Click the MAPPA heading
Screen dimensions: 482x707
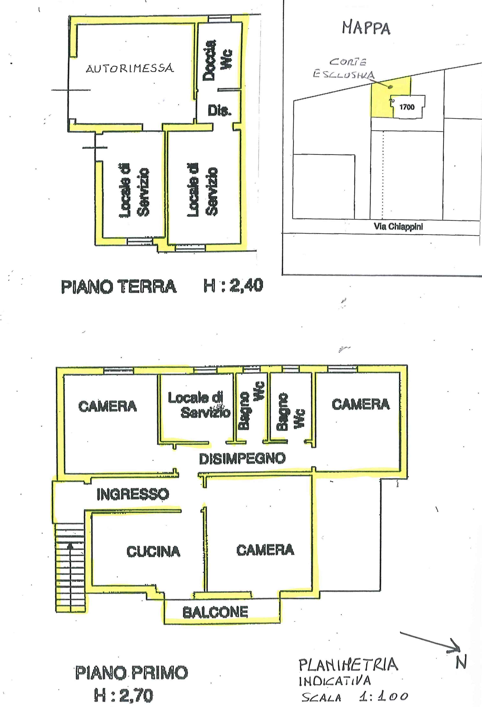[366, 28]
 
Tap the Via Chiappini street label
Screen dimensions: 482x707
[398, 226]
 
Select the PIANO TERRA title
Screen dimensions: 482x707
[119, 287]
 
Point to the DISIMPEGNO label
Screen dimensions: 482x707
[242, 458]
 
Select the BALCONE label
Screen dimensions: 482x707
[215, 612]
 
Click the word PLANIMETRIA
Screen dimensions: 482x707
[348, 664]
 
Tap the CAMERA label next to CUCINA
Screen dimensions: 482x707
[265, 550]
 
